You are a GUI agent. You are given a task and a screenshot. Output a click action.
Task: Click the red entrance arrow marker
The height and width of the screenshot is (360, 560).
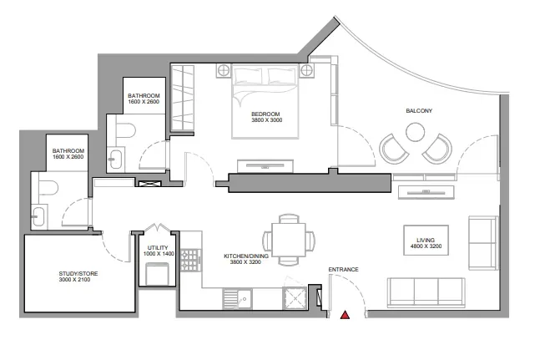(345, 315)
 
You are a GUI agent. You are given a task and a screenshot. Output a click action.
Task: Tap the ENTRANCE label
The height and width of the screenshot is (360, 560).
(343, 269)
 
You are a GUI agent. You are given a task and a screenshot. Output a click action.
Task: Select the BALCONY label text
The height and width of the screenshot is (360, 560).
(419, 110)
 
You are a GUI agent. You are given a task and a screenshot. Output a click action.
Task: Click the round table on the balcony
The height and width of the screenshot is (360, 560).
(415, 131)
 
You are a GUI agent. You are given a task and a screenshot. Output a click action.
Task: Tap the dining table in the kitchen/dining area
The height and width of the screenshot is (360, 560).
(290, 236)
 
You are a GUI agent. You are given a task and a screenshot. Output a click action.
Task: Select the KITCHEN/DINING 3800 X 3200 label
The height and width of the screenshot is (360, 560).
(246, 259)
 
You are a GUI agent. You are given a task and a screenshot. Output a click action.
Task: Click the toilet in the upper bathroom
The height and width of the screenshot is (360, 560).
(125, 130)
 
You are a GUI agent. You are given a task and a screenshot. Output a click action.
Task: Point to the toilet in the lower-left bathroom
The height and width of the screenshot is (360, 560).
(47, 187)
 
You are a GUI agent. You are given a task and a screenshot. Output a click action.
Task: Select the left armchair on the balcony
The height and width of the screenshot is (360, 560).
(393, 150)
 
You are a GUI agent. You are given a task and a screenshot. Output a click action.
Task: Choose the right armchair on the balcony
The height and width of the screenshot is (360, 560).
(436, 150)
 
